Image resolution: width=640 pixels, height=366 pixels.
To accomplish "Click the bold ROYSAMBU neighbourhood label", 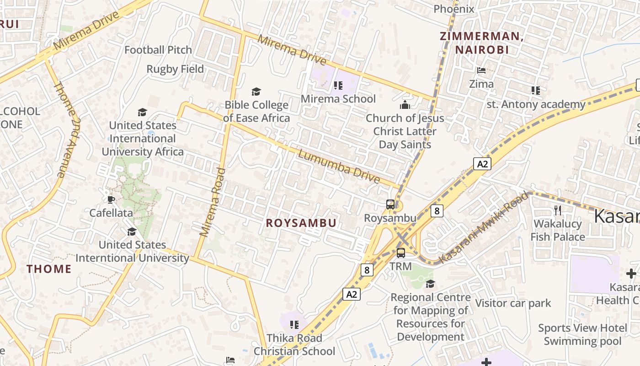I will coord(301,223).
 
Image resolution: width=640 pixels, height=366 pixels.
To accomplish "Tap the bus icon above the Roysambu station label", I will coord(390,205).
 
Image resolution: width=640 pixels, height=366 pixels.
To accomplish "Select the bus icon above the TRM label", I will coord(400,253).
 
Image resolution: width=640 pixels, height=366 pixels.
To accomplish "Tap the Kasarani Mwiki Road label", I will coord(484,227).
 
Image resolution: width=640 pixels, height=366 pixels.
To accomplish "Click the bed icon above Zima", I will coord(481,70).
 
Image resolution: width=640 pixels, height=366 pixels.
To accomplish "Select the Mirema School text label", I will coord(338,99).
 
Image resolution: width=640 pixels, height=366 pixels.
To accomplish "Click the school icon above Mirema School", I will coord(338,85).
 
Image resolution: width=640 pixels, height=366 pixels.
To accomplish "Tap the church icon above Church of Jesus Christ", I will coord(405,105).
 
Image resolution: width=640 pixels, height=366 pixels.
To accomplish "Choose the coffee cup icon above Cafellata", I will coord(111,199).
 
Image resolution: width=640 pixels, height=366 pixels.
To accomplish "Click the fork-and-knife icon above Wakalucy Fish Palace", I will coord(557,210).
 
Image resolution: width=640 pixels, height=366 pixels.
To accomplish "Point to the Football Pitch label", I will coord(158,50).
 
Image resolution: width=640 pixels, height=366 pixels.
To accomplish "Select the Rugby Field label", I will coord(175,69).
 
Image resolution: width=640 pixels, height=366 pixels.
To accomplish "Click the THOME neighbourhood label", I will coord(49,269).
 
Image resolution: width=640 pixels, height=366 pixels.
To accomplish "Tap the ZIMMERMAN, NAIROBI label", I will coord(481,43).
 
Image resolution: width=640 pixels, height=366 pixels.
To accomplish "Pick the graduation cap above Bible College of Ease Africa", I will coord(256,92).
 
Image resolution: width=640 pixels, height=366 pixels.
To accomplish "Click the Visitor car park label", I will coord(513,303).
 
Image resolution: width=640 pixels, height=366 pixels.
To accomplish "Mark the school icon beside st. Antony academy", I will coord(536,91).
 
